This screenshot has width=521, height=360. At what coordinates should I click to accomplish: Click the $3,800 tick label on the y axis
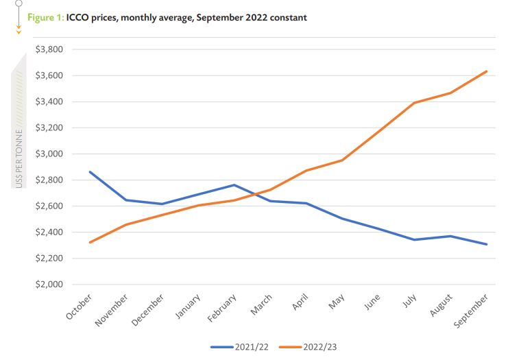(x=48, y=49)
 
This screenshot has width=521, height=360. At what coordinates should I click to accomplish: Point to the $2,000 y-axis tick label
(x=48, y=285)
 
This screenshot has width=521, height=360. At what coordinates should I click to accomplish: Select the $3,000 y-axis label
(x=48, y=154)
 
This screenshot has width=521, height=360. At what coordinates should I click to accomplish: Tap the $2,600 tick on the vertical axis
(x=48, y=206)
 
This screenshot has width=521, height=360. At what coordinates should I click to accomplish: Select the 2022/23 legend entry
(x=308, y=347)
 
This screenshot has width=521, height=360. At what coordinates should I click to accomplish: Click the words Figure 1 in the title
(x=45, y=17)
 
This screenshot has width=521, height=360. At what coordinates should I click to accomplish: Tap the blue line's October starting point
(x=90, y=171)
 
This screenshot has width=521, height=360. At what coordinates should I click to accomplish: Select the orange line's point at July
(x=415, y=103)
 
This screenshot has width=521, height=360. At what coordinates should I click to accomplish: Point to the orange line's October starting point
(x=90, y=242)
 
